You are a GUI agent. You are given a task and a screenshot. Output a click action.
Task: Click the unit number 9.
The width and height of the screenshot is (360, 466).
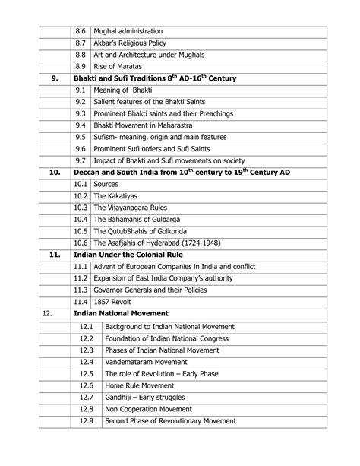[54, 79]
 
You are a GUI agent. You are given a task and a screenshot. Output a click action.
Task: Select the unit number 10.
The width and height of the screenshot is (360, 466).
[54, 173]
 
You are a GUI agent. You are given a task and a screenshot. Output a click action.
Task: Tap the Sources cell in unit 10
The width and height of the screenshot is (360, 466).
[106, 184]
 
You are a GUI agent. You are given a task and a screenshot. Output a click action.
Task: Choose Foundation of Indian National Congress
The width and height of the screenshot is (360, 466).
[177, 338]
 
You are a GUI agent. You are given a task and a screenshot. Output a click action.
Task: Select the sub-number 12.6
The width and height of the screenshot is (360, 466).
[86, 386]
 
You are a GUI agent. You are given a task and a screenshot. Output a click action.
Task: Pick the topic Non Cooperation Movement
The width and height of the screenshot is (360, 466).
[149, 408]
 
